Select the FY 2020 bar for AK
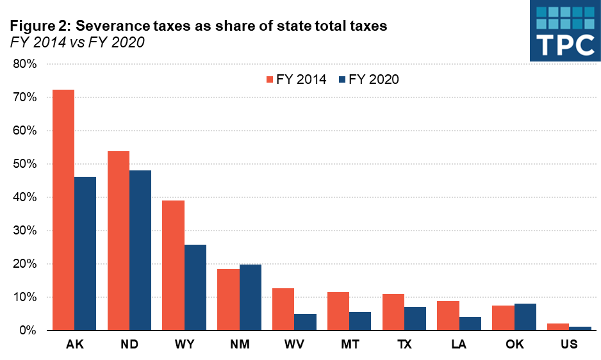[85, 254]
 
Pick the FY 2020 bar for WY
[195, 288]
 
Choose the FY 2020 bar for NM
[251, 297]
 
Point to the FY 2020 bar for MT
[360, 321]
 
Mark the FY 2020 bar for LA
[470, 323]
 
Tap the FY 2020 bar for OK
[525, 317]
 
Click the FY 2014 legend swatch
[270, 80]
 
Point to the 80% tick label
[24, 64]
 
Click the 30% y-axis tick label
[24, 231]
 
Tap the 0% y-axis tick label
[27, 331]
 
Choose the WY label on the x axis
[185, 345]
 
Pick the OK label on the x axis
[515, 345]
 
